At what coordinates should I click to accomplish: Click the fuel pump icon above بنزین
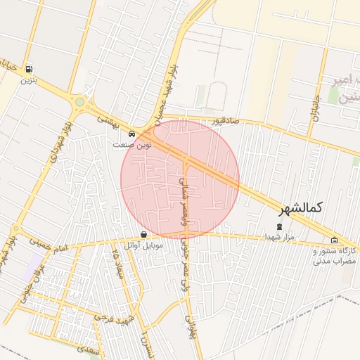pyautogui.click(x=29, y=70)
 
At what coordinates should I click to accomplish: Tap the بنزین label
pyautogui.click(x=28, y=80)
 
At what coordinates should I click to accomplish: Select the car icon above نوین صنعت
pyautogui.click(x=131, y=134)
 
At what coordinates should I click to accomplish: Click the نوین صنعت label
pyautogui.click(x=132, y=144)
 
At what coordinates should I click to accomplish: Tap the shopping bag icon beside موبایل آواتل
pyautogui.click(x=144, y=235)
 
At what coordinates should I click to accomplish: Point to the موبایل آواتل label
pyautogui.click(x=143, y=245)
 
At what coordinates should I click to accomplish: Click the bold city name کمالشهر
pyautogui.click(x=300, y=208)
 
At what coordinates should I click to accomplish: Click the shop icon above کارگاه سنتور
pyautogui.click(x=334, y=240)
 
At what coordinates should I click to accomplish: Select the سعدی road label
pyautogui.click(x=89, y=347)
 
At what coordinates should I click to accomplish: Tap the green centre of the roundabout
pyautogui.click(x=79, y=103)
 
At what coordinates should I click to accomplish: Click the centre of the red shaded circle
pyautogui.click(x=180, y=179)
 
